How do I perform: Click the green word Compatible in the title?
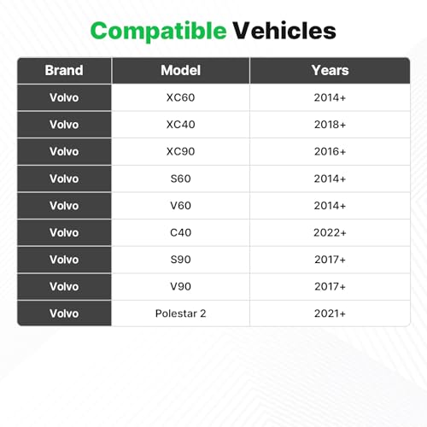(x=158, y=32)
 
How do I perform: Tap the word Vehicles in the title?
(x=284, y=31)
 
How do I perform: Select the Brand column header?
(x=64, y=70)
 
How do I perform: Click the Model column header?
(x=180, y=70)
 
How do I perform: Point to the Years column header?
(x=330, y=70)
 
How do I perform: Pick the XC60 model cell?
(x=180, y=97)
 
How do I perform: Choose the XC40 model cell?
(x=180, y=125)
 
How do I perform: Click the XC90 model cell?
(x=180, y=151)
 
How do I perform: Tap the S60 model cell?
(x=180, y=178)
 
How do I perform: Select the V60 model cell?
(x=180, y=206)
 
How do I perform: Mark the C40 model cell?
(x=180, y=232)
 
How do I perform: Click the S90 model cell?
(x=180, y=260)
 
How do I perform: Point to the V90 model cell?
(x=180, y=286)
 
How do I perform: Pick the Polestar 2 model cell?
(x=180, y=313)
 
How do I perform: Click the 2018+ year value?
(x=330, y=125)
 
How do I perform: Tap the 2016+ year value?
(x=330, y=151)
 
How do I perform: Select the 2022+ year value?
(x=330, y=232)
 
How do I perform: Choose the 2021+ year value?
(x=330, y=313)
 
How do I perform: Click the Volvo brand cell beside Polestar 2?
(x=64, y=313)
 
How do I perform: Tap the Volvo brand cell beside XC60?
(x=64, y=97)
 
